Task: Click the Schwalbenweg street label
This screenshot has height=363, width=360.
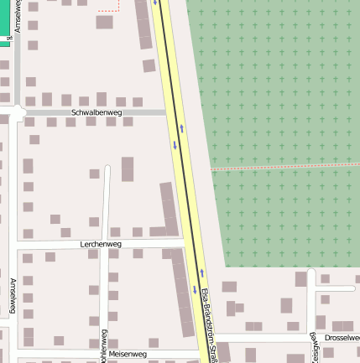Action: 97,111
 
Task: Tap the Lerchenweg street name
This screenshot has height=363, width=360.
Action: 101,244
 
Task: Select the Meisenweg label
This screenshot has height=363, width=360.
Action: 128,354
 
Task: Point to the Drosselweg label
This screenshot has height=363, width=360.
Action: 342,337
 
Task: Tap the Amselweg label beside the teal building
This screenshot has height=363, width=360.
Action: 18,17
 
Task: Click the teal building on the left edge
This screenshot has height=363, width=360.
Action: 4,34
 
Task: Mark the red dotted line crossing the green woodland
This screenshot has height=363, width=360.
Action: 285,165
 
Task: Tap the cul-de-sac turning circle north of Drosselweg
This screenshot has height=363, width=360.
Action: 312,274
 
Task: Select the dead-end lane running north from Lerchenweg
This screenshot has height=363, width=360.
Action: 107,201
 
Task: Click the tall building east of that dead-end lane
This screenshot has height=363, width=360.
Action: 128,169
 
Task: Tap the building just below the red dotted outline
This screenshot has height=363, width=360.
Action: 104,22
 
